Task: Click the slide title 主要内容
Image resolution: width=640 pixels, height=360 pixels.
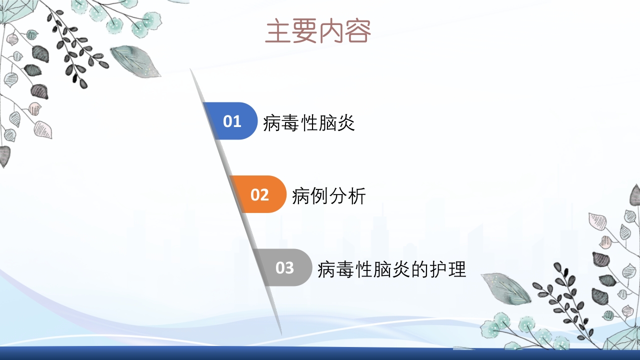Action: click(318, 31)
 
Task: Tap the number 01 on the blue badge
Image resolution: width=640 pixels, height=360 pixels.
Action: click(232, 121)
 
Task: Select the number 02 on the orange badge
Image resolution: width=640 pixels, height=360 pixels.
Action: click(259, 195)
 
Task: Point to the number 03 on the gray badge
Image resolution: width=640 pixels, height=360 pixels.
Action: click(284, 268)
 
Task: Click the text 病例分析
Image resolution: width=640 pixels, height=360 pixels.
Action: click(328, 196)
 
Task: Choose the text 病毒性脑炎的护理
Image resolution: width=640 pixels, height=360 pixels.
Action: click(391, 269)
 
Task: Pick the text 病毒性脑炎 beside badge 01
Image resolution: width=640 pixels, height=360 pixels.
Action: click(308, 122)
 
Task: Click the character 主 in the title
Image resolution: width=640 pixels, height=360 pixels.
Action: click(278, 31)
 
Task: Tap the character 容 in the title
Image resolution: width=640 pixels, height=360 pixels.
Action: click(358, 31)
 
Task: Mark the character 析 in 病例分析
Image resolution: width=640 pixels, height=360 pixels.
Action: click(357, 196)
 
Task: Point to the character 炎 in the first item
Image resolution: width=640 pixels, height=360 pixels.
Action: click(346, 122)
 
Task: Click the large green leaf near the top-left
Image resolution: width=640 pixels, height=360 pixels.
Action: click(134, 61)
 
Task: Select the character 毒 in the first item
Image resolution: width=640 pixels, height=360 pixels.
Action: click(290, 122)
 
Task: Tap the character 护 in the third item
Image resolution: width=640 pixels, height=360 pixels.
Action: click(438, 269)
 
